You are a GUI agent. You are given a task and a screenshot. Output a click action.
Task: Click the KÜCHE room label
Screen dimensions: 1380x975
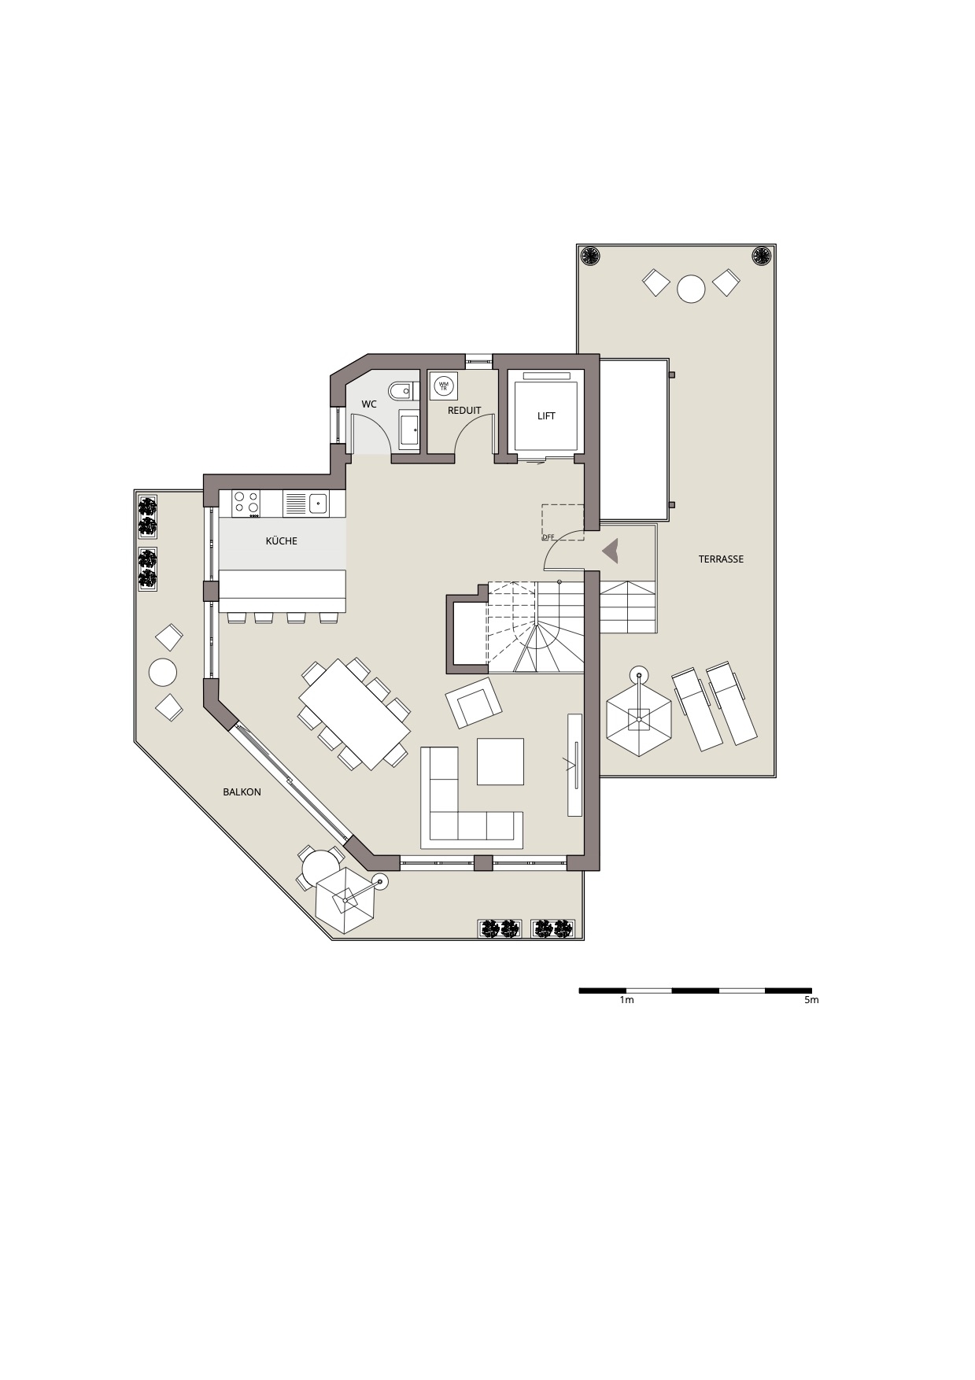coord(281,541)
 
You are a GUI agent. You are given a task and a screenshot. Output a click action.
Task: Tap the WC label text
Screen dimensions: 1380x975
coord(369,404)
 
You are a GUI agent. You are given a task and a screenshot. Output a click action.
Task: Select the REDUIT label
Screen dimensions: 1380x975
coord(464,411)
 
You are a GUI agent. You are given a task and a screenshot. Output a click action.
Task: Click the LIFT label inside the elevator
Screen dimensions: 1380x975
coord(546,416)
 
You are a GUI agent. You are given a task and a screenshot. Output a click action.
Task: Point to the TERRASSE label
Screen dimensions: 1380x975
coord(721,559)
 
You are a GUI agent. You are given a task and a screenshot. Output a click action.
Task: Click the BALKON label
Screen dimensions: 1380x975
coord(242,792)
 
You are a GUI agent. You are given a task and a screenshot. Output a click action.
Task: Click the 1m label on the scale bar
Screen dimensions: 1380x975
coord(626,1000)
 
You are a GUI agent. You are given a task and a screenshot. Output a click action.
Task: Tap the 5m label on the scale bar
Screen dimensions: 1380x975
coord(811,1000)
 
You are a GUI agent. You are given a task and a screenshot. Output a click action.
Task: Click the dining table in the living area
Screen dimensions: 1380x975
coord(355,714)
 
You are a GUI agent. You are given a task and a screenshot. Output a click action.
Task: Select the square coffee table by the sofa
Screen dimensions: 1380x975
coord(500,762)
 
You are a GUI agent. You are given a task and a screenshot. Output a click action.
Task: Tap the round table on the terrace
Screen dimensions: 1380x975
coord(692,289)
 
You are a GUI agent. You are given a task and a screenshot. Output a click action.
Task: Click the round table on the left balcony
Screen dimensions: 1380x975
coord(163,673)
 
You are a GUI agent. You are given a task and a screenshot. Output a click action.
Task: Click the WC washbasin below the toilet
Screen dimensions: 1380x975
coord(409,430)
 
